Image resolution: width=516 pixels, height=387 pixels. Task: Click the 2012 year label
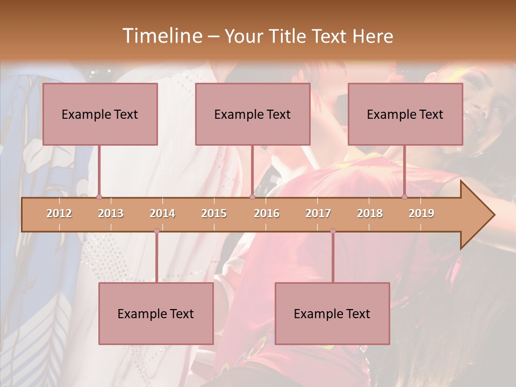click(x=59, y=213)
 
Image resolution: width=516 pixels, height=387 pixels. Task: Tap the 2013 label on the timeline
click(x=111, y=213)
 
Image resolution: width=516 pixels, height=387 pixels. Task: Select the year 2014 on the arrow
click(x=162, y=213)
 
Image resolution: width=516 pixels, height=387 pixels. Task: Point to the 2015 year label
click(x=214, y=213)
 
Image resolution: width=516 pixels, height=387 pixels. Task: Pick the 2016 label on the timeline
click(x=267, y=213)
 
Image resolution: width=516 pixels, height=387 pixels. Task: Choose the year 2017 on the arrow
click(x=318, y=213)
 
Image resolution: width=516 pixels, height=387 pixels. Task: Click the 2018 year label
click(x=370, y=213)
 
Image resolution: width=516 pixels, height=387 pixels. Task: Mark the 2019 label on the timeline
click(x=421, y=213)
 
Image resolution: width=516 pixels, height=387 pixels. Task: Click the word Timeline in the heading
click(x=161, y=36)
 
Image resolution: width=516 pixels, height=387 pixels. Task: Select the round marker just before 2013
click(x=99, y=197)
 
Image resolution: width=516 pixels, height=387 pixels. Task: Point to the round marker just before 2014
click(x=156, y=231)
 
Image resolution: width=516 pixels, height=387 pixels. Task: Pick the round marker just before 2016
click(x=252, y=197)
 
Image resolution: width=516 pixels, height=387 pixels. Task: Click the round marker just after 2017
click(x=333, y=231)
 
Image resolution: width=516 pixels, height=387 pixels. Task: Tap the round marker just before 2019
click(x=405, y=197)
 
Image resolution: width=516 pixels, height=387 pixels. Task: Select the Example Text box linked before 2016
click(x=253, y=114)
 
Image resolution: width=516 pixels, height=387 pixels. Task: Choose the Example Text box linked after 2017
click(x=332, y=313)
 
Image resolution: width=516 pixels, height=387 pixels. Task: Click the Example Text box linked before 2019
click(x=405, y=114)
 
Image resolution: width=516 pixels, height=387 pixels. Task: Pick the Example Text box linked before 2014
click(x=156, y=313)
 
